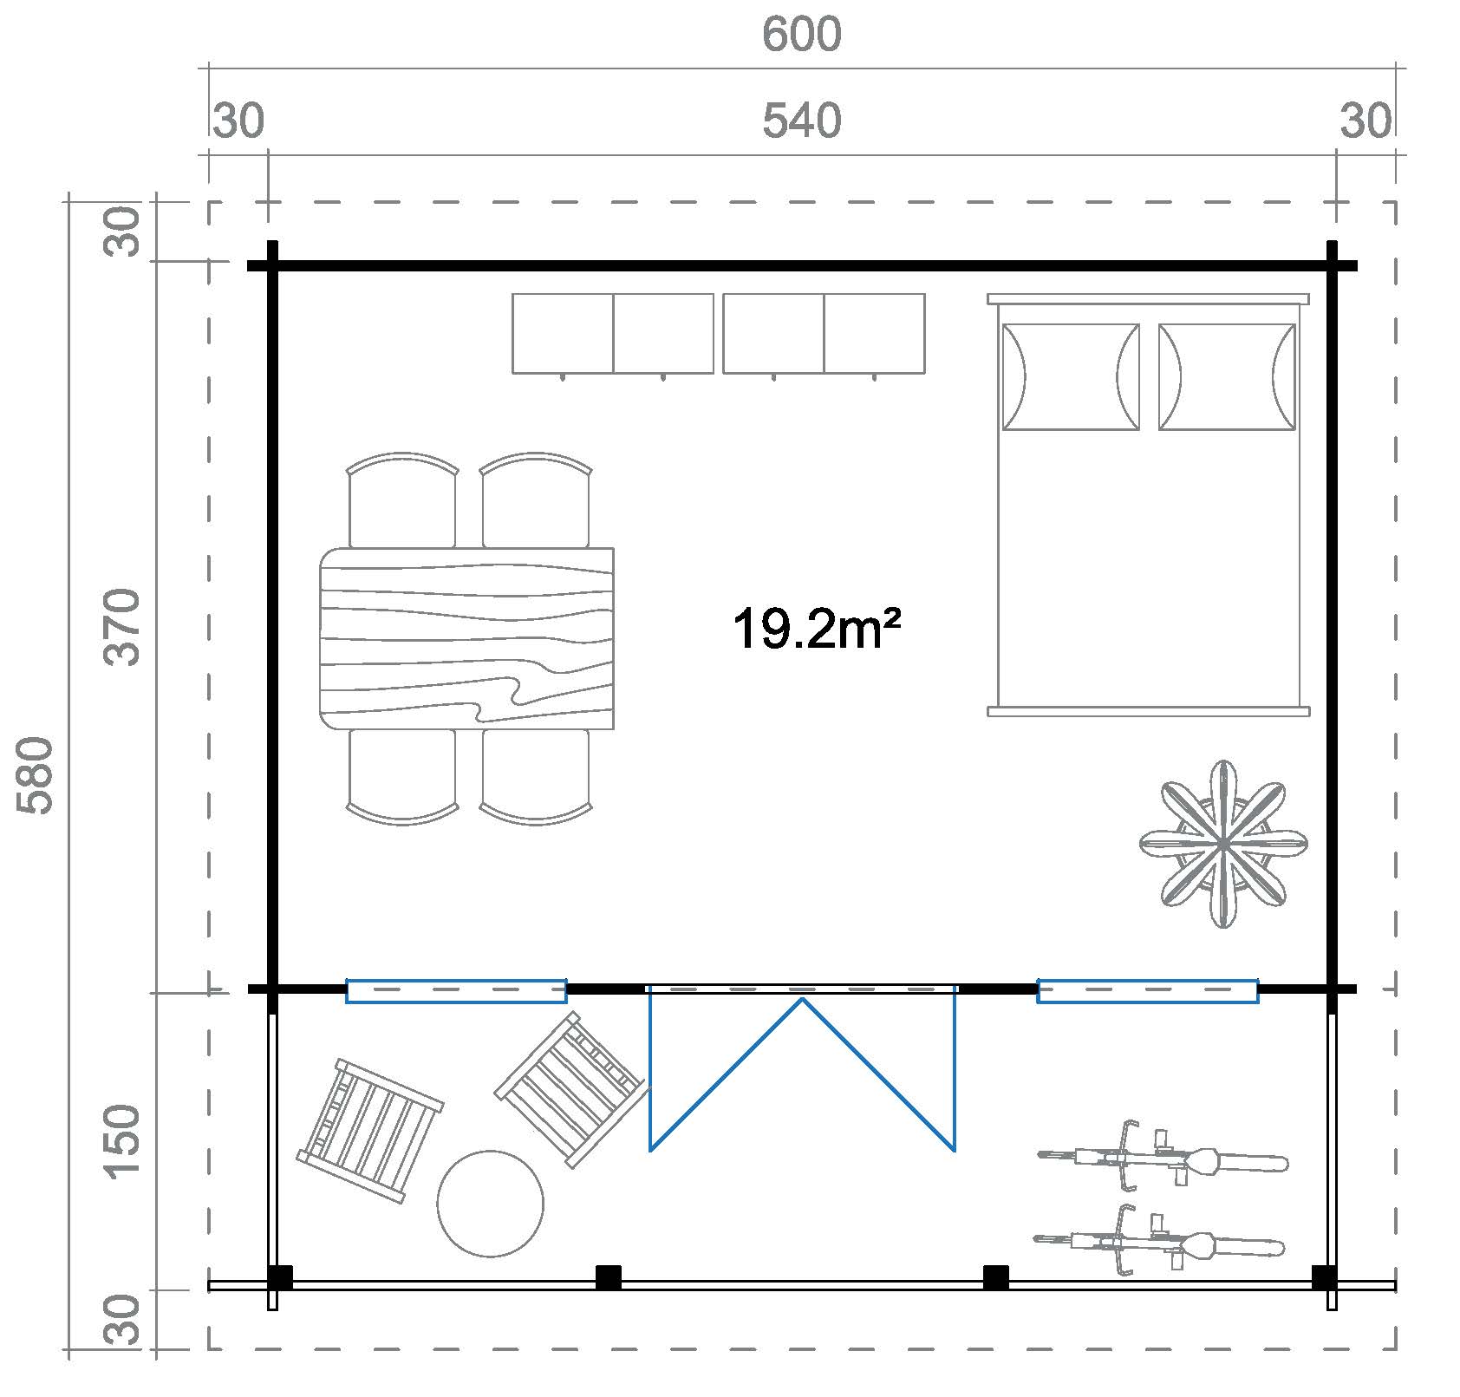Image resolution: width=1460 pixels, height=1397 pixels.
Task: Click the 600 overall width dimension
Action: pyautogui.click(x=802, y=36)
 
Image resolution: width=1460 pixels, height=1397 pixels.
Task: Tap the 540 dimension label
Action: pyautogui.click(x=802, y=121)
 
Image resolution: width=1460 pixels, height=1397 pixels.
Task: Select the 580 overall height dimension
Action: pyautogui.click(x=36, y=775)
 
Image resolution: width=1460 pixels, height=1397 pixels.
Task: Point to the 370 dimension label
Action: pyautogui.click(x=122, y=626)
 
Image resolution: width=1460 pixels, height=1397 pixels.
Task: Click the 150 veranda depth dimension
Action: pyautogui.click(x=122, y=1142)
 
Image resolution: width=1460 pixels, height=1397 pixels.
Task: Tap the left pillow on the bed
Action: pyautogui.click(x=1071, y=377)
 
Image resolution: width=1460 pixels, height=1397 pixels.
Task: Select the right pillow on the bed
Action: pyautogui.click(x=1227, y=377)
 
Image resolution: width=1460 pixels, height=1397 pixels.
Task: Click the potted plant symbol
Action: pyautogui.click(x=1222, y=844)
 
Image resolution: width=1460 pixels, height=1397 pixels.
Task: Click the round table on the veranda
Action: pyautogui.click(x=491, y=1204)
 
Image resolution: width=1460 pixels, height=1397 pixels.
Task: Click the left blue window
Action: pyautogui.click(x=456, y=991)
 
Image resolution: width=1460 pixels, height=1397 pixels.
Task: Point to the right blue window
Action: pyautogui.click(x=1148, y=991)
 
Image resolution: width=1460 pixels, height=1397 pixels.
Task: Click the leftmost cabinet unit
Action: pyautogui.click(x=563, y=334)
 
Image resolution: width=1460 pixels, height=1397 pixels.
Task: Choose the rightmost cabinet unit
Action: pyautogui.click(x=874, y=334)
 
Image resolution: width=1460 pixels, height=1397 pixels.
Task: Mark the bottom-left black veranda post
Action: pyautogui.click(x=279, y=1278)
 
